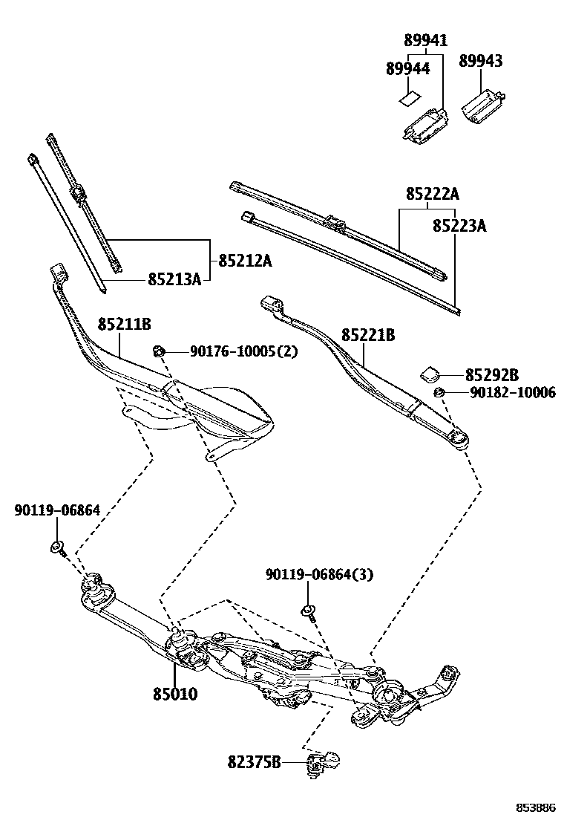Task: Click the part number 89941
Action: click(426, 41)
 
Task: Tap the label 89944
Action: click(407, 68)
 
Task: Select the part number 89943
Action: click(480, 61)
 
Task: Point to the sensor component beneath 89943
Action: click(483, 103)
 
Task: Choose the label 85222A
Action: click(432, 195)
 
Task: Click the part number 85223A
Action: click(459, 225)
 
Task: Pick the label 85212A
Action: click(245, 261)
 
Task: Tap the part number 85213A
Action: click(174, 279)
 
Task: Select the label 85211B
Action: click(125, 325)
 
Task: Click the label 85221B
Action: click(368, 336)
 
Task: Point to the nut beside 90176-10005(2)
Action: click(158, 351)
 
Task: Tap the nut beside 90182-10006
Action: click(439, 392)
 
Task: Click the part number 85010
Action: click(175, 695)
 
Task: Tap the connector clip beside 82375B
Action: click(321, 762)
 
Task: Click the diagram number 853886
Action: click(536, 807)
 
